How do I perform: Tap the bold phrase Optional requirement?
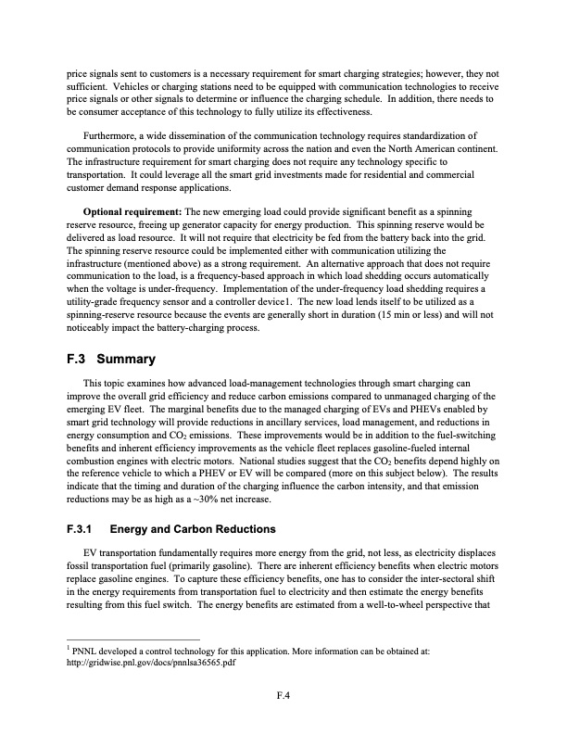point(129,212)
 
